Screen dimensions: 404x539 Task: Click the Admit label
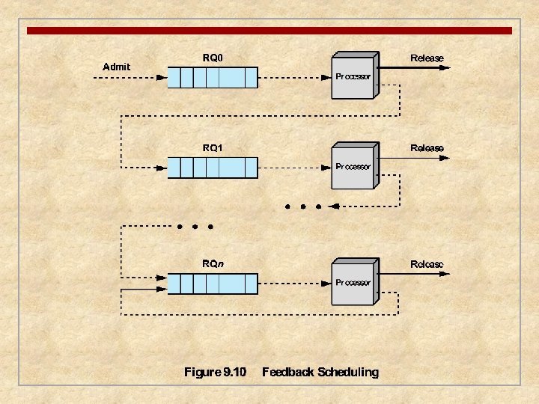[116, 67]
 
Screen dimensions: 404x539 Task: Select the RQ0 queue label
[213, 58]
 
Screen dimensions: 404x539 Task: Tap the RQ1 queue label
[213, 148]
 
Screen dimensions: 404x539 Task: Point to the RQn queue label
[213, 264]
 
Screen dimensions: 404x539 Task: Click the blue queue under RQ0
[212, 77]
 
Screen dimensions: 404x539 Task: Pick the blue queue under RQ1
[212, 167]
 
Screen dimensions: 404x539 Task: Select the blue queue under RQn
[212, 284]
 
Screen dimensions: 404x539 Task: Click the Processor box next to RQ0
[353, 77]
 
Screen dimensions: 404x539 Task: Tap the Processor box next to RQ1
[353, 167]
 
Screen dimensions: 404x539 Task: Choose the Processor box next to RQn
[353, 284]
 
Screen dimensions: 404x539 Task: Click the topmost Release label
[427, 58]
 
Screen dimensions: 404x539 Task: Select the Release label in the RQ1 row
[427, 148]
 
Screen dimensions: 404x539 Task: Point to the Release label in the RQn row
[427, 264]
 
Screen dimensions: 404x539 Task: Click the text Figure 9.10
[215, 372]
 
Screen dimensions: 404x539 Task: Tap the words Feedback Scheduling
[320, 372]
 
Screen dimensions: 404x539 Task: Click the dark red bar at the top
[269, 31]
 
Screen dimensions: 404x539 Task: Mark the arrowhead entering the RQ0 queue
[162, 77]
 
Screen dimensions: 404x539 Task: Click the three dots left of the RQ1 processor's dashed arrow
[302, 206]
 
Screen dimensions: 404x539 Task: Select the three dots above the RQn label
[195, 226]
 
